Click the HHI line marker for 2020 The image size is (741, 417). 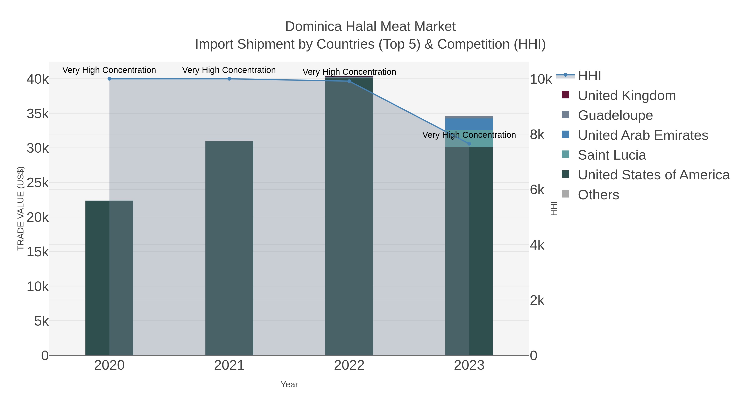click(x=109, y=79)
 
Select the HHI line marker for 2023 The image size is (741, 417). click(x=469, y=144)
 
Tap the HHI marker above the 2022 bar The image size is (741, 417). click(x=349, y=81)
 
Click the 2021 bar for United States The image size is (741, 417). click(x=229, y=248)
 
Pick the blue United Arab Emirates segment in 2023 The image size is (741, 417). click(x=469, y=124)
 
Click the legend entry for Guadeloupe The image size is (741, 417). click(x=615, y=115)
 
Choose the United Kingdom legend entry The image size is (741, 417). click(x=627, y=96)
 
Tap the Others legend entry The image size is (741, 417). click(x=598, y=195)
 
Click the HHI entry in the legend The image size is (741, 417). click(x=589, y=76)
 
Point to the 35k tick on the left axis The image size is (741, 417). click(x=38, y=114)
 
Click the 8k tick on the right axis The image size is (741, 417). click(x=537, y=135)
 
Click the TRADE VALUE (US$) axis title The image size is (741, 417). click(x=21, y=208)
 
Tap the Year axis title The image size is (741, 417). click(x=289, y=384)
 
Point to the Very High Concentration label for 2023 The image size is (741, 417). click(x=469, y=135)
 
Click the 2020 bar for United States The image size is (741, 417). click(x=109, y=278)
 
